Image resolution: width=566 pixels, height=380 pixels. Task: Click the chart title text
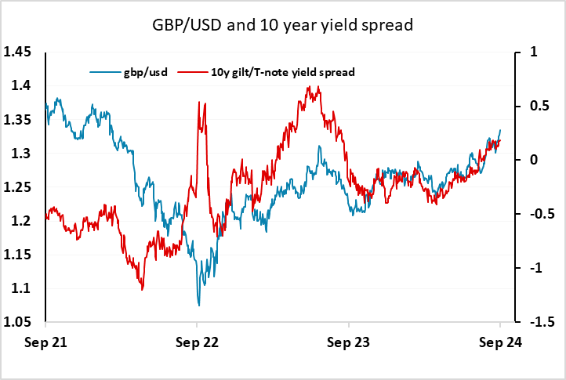click(283, 25)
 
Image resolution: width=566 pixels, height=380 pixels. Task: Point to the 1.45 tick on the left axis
click(17, 52)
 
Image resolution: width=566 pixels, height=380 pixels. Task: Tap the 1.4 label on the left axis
click(21, 85)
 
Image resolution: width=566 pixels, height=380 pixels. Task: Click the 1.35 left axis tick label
click(17, 119)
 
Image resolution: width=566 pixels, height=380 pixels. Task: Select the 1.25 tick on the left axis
click(17, 187)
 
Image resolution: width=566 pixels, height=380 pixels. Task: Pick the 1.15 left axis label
click(17, 255)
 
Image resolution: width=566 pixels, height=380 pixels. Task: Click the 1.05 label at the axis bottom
click(17, 321)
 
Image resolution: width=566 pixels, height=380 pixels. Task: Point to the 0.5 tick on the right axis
click(539, 106)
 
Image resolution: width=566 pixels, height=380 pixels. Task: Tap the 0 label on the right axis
click(534, 160)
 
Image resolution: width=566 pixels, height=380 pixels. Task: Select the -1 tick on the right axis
click(536, 267)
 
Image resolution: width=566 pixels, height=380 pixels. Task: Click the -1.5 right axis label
click(542, 321)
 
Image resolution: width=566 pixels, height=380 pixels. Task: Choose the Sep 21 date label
click(45, 342)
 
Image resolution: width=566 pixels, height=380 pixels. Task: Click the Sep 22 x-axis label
click(197, 342)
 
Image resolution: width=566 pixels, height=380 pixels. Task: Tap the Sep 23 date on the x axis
click(348, 342)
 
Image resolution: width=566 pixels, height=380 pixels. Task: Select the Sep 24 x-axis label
click(500, 342)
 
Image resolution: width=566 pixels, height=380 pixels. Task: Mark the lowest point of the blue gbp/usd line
click(199, 306)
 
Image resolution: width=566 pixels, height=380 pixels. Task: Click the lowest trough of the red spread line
click(142, 290)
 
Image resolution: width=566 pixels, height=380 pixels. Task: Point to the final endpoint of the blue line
click(500, 130)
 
